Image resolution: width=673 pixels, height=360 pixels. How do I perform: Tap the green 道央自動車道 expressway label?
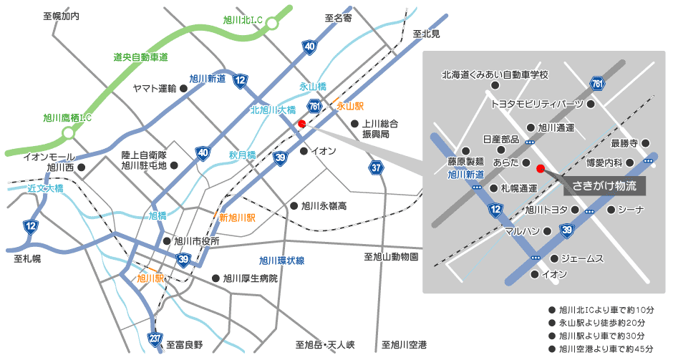(x=140, y=57)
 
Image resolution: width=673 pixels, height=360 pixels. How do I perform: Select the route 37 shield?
(x=377, y=167)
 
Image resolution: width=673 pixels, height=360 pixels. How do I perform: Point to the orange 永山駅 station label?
(x=350, y=106)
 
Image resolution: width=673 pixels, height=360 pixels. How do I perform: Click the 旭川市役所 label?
(x=196, y=241)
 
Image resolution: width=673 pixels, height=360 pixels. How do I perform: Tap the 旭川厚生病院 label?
(x=250, y=278)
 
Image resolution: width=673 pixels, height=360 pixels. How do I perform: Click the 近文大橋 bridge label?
(x=46, y=189)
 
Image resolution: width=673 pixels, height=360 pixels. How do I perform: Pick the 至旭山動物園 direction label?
(x=391, y=256)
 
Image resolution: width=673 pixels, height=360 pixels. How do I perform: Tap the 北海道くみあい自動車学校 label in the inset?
(x=495, y=74)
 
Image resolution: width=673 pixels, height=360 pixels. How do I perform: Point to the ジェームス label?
(x=583, y=258)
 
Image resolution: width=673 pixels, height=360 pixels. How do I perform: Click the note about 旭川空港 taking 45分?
(x=606, y=349)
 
